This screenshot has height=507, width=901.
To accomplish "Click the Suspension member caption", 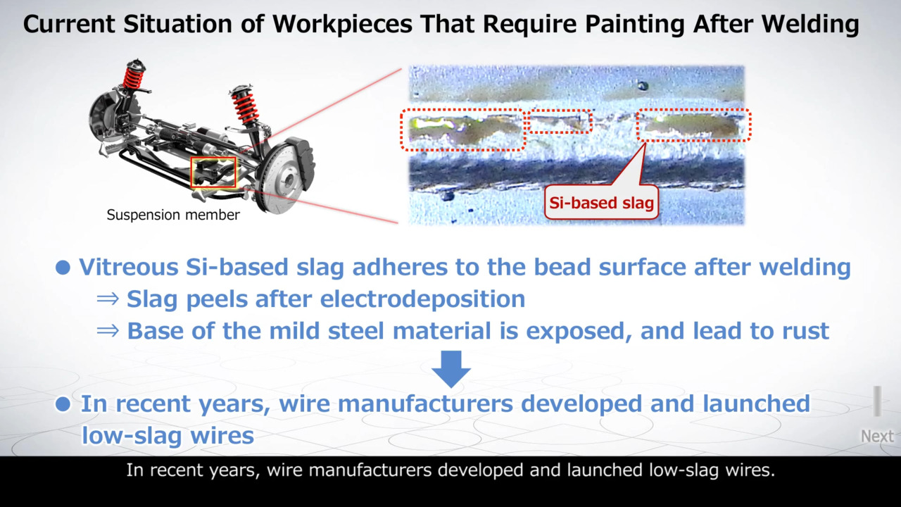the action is click(x=173, y=215).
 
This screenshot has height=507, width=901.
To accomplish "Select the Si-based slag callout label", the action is click(x=601, y=203).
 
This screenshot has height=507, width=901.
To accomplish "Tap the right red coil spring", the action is click(x=246, y=106).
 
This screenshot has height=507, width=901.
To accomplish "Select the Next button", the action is click(x=877, y=436).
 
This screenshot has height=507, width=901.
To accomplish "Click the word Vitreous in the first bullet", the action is click(x=128, y=267).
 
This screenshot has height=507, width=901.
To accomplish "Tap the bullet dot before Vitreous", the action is click(x=63, y=268).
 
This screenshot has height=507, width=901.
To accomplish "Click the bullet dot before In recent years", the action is click(x=63, y=404).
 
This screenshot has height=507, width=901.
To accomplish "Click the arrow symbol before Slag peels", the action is click(x=108, y=299).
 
